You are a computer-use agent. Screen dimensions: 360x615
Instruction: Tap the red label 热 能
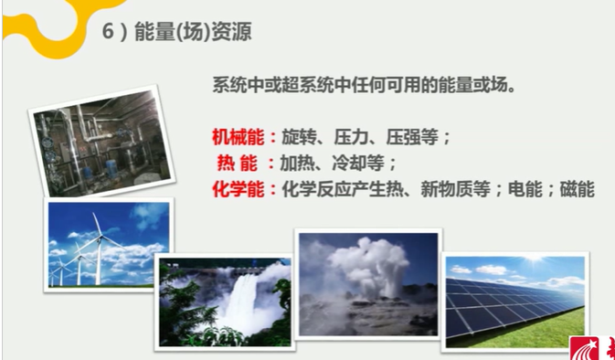click(x=236, y=164)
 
